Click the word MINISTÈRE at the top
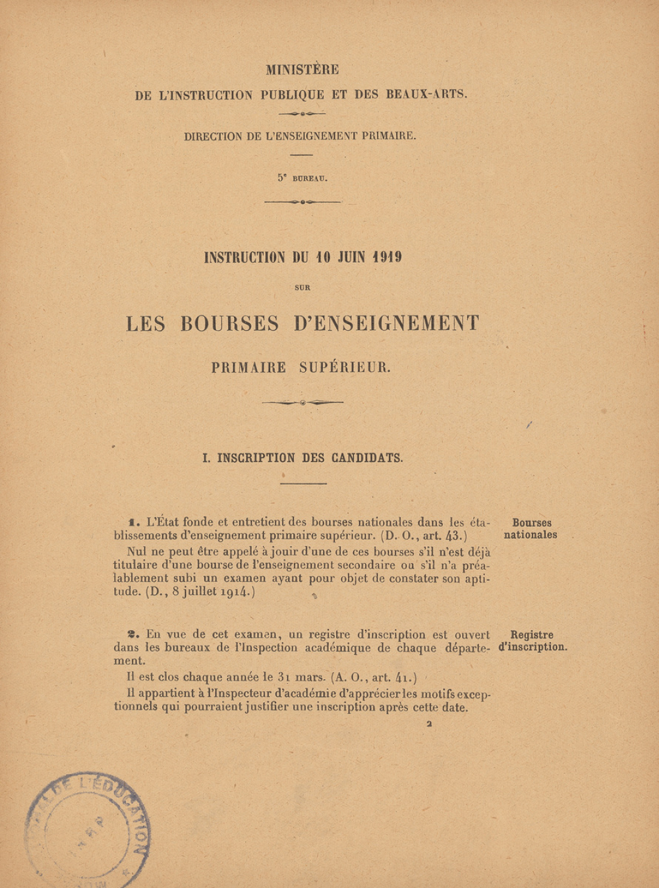tap(302, 69)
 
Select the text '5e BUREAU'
tap(302, 178)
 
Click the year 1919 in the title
tap(387, 257)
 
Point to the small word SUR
tap(302, 287)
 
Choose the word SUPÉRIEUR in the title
tap(345, 368)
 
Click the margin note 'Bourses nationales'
tap(531, 529)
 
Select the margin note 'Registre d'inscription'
tap(532, 641)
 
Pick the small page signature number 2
tap(429, 723)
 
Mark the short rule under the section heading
tap(303, 484)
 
